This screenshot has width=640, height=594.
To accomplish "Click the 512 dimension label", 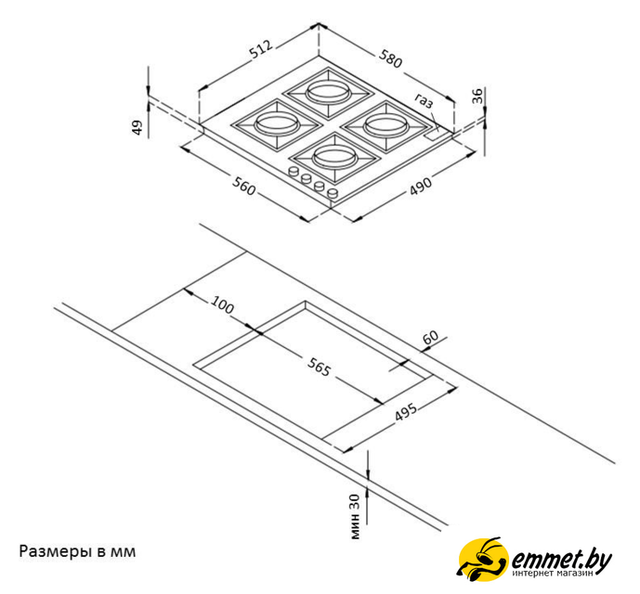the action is click(x=261, y=50).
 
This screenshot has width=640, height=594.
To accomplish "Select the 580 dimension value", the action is click(x=391, y=58).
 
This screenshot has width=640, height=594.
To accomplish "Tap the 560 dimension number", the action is click(x=243, y=186).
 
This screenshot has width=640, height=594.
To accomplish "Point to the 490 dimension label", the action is click(x=421, y=186).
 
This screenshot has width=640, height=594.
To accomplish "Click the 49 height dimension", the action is click(x=138, y=128).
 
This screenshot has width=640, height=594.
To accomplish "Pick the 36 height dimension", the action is click(x=477, y=96).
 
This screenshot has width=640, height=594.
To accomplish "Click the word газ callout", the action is click(x=424, y=101).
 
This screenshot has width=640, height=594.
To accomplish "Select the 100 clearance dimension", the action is click(x=222, y=304).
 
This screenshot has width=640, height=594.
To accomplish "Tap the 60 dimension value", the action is click(x=431, y=337).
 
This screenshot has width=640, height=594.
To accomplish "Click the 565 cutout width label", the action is click(x=319, y=368).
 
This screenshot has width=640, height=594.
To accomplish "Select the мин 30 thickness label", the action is click(x=356, y=516).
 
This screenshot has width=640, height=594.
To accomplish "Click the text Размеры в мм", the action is click(x=77, y=551).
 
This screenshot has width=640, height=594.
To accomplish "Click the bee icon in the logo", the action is click(x=483, y=559).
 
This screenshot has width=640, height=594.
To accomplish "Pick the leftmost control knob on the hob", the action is click(x=293, y=172).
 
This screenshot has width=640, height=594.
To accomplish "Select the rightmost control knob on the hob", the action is click(x=333, y=193).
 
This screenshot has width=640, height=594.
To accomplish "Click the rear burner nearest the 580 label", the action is click(x=328, y=91).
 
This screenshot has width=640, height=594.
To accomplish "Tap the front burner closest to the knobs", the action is click(x=334, y=158).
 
